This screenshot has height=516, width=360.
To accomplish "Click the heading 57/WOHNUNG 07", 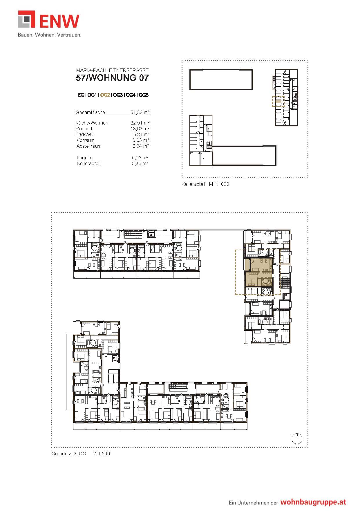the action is [112, 78].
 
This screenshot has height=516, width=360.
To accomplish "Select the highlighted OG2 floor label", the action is [105, 95].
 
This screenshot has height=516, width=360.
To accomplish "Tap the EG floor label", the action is [81, 95].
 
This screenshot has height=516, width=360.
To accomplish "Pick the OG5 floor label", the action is [143, 95].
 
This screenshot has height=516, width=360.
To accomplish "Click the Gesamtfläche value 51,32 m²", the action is [140, 112].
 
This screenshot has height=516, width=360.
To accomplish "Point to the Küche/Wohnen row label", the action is [92, 123].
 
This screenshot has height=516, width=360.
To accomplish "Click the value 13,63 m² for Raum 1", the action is [140, 129].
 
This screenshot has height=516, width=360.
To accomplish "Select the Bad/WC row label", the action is [84, 134].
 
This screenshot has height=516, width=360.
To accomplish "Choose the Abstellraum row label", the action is [89, 146].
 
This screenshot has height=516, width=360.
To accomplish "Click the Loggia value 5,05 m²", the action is [140, 158].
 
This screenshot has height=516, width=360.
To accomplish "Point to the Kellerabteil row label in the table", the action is [88, 163].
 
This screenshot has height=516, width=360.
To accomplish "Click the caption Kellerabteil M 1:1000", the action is [205, 184].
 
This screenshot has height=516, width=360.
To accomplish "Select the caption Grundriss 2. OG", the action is [69, 454].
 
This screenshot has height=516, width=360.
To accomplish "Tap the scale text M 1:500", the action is [101, 454].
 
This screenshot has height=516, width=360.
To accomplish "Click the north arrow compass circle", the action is [297, 439].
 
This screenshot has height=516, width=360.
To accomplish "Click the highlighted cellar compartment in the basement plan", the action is [278, 102].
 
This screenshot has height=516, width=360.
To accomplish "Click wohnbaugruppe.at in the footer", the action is [313, 502].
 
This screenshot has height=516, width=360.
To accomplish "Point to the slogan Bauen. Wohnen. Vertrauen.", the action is [50, 35].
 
